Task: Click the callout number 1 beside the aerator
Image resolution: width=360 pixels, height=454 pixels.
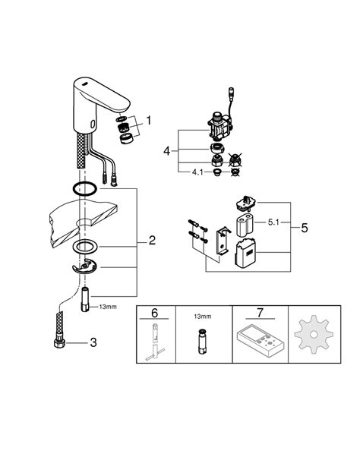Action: [x=149, y=120]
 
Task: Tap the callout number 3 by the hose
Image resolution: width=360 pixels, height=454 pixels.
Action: [x=93, y=342]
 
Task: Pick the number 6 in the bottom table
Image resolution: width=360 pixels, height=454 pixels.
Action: [x=155, y=313]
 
